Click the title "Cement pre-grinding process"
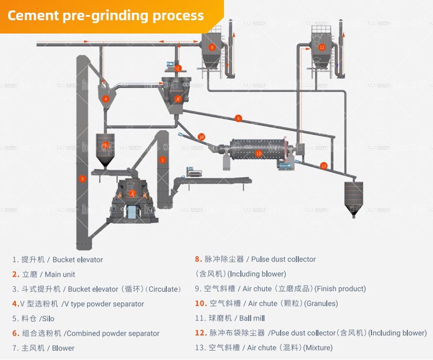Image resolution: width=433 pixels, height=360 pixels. pos(106,15)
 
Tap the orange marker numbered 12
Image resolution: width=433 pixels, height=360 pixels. pos(322,47)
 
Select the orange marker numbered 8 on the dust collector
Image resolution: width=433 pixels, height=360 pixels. pos(212,47)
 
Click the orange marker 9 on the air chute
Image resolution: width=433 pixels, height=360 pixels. pos(238,118)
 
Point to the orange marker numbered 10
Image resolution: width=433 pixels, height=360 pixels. pos(201,137)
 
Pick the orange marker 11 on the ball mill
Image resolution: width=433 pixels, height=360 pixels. pos(259,153)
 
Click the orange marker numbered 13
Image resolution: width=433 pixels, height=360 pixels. pos(323,166)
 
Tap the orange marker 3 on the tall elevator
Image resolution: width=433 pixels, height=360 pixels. pos(83,179)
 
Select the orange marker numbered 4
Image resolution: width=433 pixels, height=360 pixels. pos(106,99)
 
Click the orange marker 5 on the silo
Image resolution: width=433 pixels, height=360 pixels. pos(105,145)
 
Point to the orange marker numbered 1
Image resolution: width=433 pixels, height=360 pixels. pos(163,159)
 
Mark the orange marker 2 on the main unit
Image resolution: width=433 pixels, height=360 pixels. pos(132,193)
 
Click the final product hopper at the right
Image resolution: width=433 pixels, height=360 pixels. pos(353,196)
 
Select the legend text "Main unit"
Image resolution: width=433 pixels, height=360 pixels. pos(60,274)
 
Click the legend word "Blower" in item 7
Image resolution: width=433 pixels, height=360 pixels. pos(64,348)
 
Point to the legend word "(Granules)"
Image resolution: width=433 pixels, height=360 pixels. pos(321,303)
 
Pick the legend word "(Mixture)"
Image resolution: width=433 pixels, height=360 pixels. pos(318,347)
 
